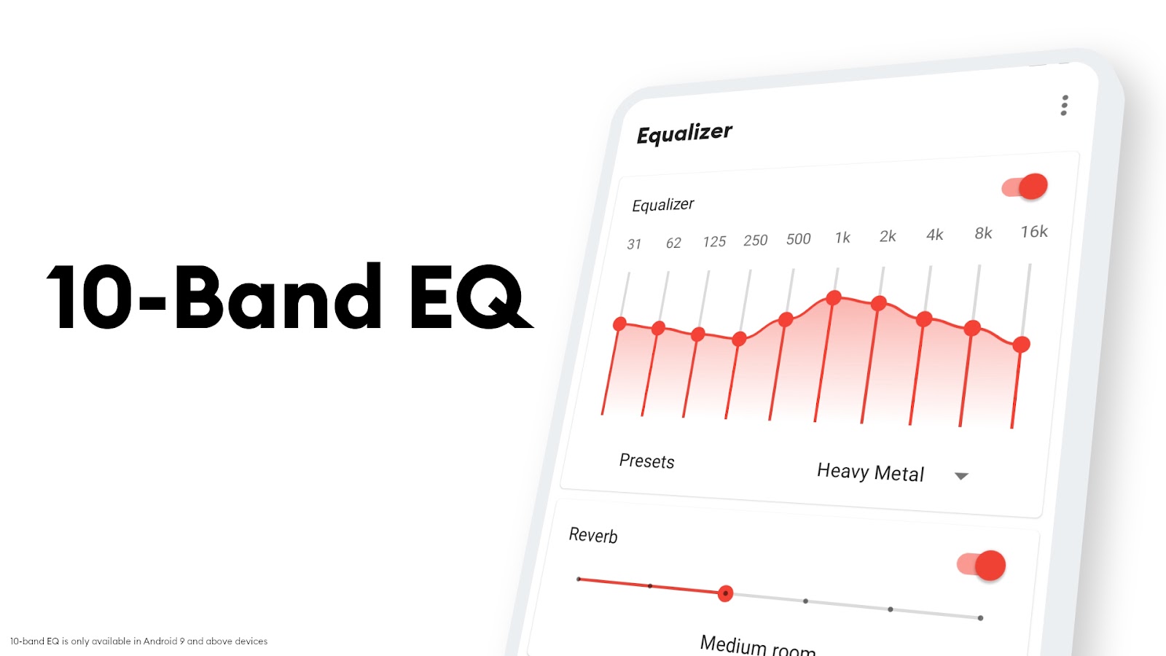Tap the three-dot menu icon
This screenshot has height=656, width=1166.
(1065, 105)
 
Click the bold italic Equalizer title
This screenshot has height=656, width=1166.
(684, 134)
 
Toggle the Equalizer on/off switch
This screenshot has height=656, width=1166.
(1025, 187)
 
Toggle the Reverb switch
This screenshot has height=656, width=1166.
(981, 565)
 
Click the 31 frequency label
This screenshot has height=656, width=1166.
(634, 243)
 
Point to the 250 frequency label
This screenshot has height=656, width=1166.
(755, 240)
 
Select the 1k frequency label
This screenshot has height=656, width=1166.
(842, 238)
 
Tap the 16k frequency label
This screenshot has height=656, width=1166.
(1034, 231)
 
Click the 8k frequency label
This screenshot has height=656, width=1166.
(983, 233)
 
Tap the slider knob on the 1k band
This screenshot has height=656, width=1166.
(834, 298)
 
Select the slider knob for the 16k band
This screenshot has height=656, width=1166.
(1021, 344)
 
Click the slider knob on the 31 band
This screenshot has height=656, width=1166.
(619, 324)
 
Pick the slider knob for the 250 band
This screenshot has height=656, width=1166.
(739, 340)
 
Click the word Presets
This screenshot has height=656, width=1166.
(646, 461)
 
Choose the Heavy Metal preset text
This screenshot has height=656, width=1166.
(870, 472)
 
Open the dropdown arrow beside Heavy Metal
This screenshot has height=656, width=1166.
(961, 476)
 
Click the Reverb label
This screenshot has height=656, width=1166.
(593, 535)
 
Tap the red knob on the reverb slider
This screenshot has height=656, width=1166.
(725, 593)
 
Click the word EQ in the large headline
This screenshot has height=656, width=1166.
(471, 297)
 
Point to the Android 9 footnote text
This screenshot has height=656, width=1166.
(138, 641)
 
